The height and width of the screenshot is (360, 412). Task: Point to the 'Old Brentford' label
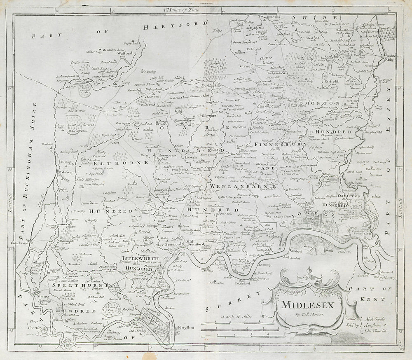coord(197,241)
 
